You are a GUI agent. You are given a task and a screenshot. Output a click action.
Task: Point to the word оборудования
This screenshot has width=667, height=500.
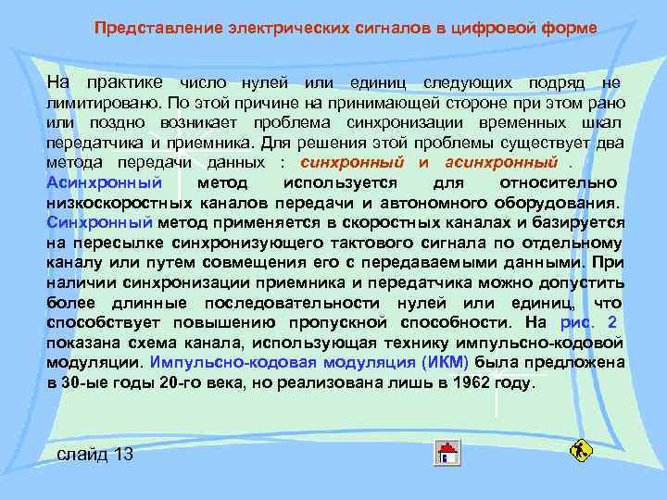point(562,202)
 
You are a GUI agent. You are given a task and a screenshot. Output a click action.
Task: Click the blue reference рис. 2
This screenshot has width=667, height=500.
point(588,322)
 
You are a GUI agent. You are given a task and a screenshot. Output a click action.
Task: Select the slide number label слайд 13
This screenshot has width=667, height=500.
point(95,454)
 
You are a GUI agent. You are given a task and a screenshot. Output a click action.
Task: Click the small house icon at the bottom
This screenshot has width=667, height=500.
point(447,453)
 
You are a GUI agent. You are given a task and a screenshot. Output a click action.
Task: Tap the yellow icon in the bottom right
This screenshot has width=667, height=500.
point(581,451)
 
